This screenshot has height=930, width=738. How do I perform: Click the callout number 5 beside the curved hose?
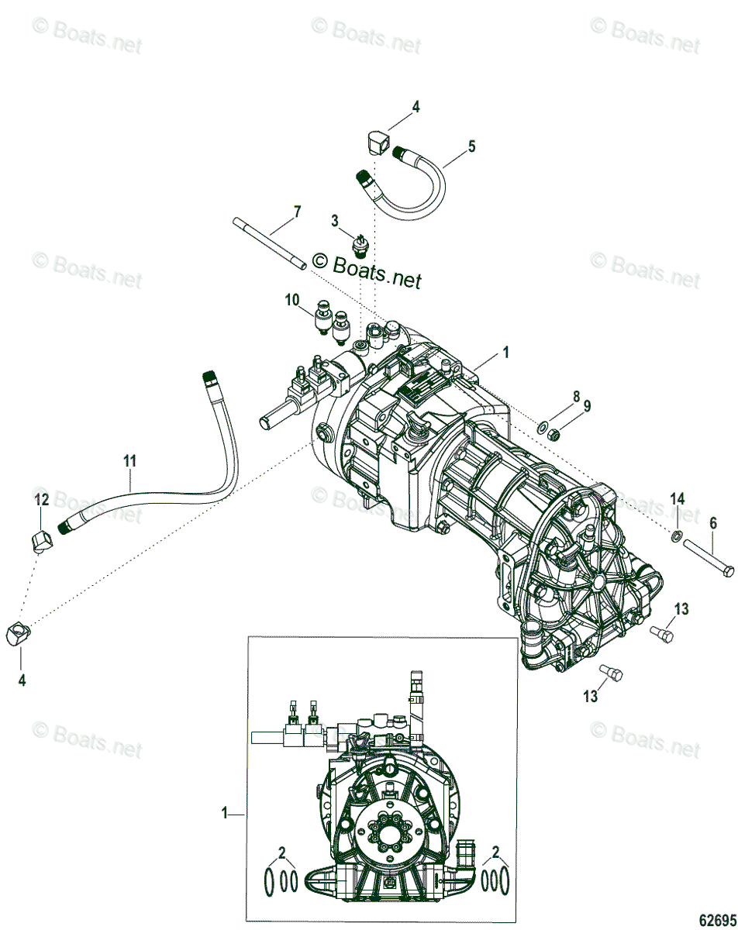pyautogui.click(x=471, y=145)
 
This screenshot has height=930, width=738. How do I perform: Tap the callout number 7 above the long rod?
pyautogui.click(x=296, y=211)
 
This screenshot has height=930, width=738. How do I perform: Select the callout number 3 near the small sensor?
pyautogui.click(x=335, y=221)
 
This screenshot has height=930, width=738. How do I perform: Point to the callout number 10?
pyautogui.click(x=291, y=299)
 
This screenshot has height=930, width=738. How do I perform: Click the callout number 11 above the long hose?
pyautogui.click(x=129, y=460)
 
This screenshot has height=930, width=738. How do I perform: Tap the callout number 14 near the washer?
pyautogui.click(x=678, y=498)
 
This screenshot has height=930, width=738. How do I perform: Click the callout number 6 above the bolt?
pyautogui.click(x=713, y=523)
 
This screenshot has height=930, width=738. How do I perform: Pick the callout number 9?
pyautogui.click(x=587, y=405)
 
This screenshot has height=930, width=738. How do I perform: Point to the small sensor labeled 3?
pyautogui.click(x=360, y=246)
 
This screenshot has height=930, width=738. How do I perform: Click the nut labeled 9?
pyautogui.click(x=554, y=435)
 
